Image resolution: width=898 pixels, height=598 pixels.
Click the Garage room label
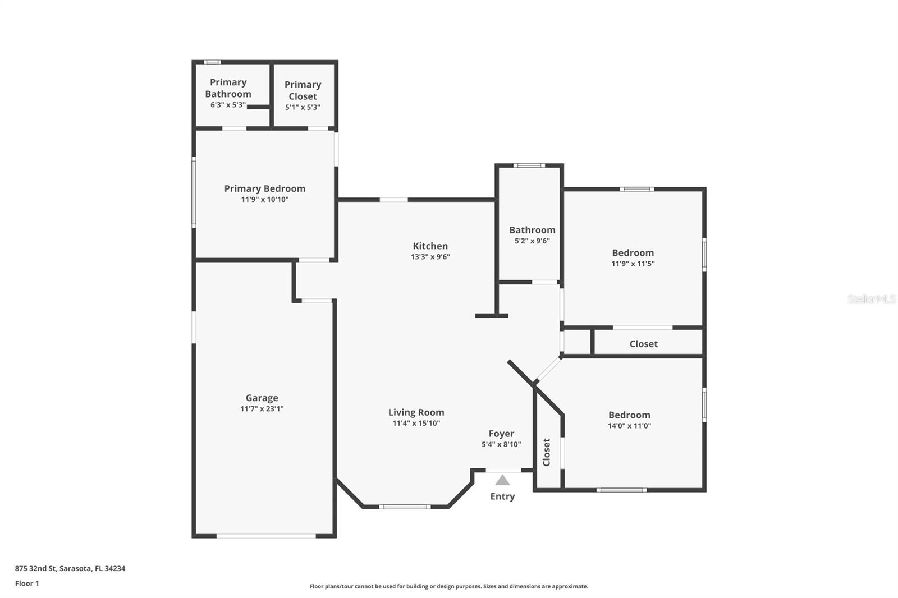coord(262,398)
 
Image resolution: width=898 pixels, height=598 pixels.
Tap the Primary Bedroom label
coord(264,188)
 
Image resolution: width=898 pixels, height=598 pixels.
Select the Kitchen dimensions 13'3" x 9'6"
coord(430,257)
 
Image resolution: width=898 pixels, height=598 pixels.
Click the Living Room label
coord(416,412)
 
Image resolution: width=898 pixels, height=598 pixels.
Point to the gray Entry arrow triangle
coord(502,480)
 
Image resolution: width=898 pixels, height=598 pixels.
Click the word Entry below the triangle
coord(502,496)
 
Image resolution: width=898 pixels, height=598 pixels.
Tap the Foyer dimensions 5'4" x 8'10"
coord(501,444)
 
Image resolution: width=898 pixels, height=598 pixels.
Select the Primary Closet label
coord(303,90)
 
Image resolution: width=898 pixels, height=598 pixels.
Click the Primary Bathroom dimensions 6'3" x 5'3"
coord(228,105)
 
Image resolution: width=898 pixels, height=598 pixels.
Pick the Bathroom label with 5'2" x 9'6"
coord(532,230)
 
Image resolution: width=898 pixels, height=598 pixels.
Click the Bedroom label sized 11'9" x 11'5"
coord(633,253)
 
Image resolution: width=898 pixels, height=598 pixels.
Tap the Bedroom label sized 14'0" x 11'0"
coord(629,415)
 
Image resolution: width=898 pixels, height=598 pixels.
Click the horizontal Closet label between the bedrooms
coord(643,344)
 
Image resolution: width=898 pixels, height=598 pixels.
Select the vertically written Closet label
coord(547,452)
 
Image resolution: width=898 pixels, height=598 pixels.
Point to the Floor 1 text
coord(27,583)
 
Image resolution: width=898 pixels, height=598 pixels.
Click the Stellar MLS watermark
coord(871,299)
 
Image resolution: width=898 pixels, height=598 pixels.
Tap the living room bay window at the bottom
coord(404,507)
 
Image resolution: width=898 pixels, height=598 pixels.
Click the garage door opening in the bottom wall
coord(266,536)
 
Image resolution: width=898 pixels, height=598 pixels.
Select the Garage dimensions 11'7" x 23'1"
coord(262,409)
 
